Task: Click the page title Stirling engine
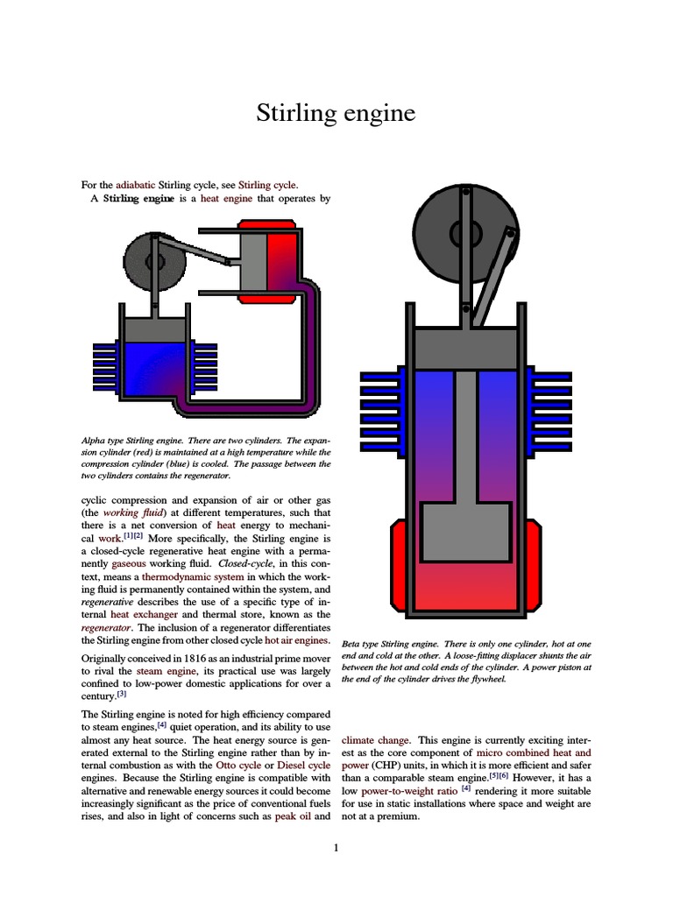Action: tap(336, 114)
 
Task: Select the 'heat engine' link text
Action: tap(226, 199)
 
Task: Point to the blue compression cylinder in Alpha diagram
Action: tap(154, 368)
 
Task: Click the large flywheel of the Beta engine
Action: tap(461, 231)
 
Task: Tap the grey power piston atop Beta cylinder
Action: tap(466, 349)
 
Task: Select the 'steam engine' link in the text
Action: tap(162, 670)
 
